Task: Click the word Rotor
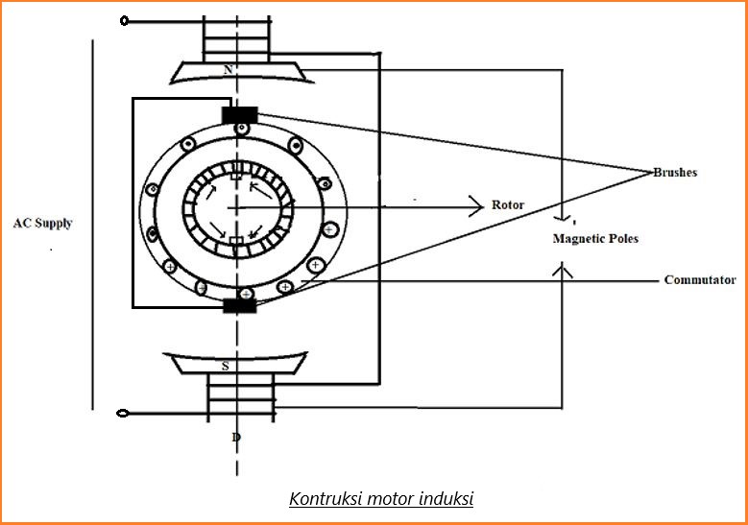508,205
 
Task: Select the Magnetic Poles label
595,238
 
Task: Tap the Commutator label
700,280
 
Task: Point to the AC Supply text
42,224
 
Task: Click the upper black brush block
239,115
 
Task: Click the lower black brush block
239,305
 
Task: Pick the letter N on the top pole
227,70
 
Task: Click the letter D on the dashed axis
236,438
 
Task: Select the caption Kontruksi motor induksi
381,499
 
